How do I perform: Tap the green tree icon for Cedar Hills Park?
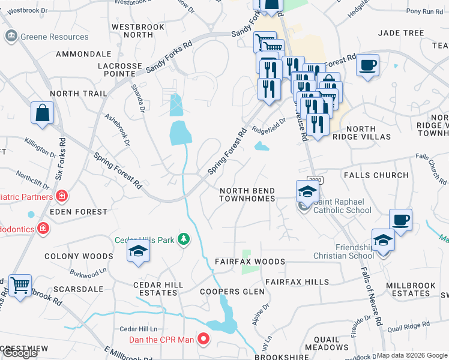(x=184, y=240)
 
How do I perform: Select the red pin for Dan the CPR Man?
(x=203, y=340)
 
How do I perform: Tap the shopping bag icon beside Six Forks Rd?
(x=43, y=113)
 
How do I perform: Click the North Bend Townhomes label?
(x=247, y=194)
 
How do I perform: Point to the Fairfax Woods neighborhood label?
(x=250, y=262)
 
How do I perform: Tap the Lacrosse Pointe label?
(x=121, y=70)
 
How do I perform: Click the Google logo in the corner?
(x=20, y=353)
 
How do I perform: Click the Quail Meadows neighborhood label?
(x=327, y=342)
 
